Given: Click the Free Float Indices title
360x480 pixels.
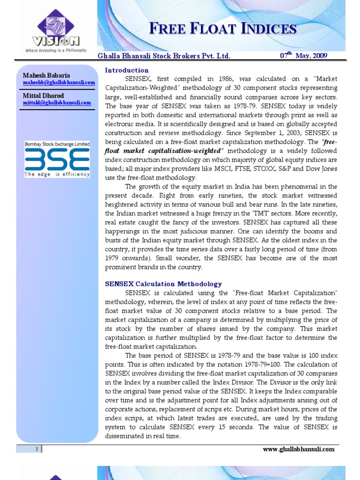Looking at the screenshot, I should tap(223, 29).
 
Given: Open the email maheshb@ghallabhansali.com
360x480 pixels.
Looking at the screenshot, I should tap(59, 82).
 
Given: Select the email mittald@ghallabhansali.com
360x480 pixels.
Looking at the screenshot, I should tap(57, 103).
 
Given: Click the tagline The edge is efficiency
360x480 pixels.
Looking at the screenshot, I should tap(57, 174).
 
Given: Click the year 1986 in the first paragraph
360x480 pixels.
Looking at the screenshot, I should tap(209, 79).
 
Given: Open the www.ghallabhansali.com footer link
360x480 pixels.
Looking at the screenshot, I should tap(299, 449).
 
